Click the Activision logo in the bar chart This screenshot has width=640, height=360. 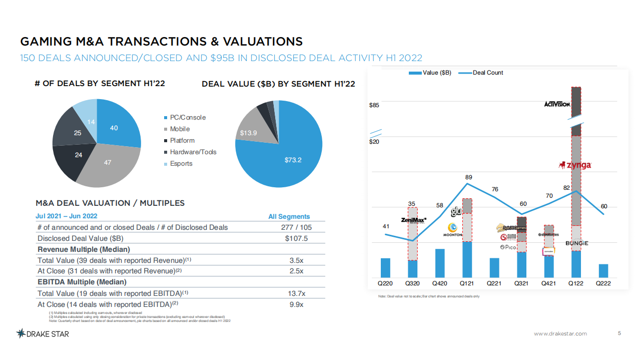[557, 104]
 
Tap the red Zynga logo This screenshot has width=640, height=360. [575, 165]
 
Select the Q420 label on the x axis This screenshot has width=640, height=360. [439, 283]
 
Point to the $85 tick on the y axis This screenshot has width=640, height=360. [374, 105]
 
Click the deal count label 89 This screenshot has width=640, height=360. [468, 177]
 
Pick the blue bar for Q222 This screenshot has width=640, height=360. [603, 270]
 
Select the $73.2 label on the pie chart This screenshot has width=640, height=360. [293, 160]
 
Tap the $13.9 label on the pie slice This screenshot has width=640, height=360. [248, 133]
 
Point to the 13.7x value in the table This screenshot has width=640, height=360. [296, 293]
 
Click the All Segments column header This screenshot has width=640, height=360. [289, 217]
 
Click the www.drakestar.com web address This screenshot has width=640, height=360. [560, 334]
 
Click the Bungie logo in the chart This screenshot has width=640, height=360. [576, 243]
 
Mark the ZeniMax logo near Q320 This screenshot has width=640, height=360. [413, 220]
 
